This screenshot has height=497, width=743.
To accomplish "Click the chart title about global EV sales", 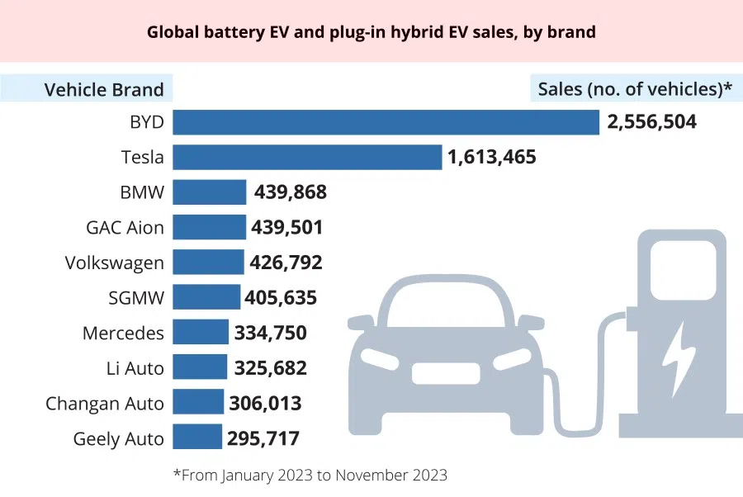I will [x=371, y=32].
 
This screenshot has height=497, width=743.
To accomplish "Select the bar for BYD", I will [x=386, y=122].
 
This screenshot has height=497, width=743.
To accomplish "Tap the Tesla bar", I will [x=307, y=157].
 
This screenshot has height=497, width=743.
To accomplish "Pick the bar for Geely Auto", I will [x=197, y=438].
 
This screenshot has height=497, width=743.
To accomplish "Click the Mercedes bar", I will [x=201, y=332].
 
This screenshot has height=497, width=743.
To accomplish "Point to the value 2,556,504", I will [x=651, y=122].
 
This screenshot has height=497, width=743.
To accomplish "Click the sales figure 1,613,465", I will [x=491, y=157].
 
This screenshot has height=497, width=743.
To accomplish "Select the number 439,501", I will [x=286, y=227].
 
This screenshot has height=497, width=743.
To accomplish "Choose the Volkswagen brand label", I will [x=114, y=263].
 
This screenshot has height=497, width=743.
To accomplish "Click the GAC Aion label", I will [x=125, y=227].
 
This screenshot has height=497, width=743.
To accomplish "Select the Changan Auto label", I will [x=105, y=403].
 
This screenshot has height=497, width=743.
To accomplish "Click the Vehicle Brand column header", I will [x=104, y=89].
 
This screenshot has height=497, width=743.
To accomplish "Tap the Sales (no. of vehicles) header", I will [x=635, y=89].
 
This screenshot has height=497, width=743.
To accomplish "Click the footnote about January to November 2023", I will [x=310, y=475].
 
